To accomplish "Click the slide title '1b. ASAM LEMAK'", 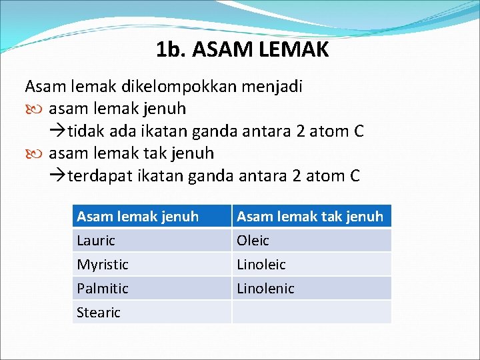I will click(x=242, y=49).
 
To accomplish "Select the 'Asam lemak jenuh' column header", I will click(x=138, y=216).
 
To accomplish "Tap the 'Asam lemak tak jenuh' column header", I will click(x=310, y=216).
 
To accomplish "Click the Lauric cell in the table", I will click(x=96, y=241).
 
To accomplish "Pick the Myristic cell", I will click(x=103, y=265).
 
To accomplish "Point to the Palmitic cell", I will click(x=103, y=289).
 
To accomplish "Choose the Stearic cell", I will click(x=99, y=313).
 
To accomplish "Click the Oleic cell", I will click(x=253, y=241).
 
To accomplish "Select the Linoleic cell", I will click(x=261, y=265).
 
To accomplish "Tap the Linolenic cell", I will click(x=265, y=289).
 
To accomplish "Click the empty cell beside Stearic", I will click(x=311, y=312).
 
